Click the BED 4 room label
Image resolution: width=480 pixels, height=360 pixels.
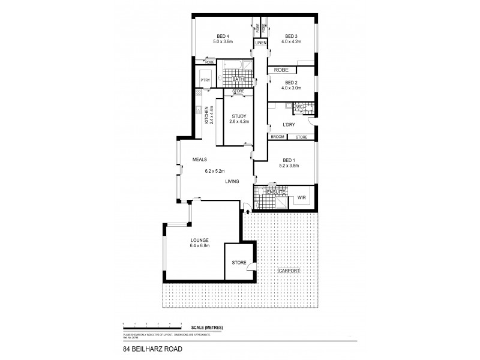pos(222,36)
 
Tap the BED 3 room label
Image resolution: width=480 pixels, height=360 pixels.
pos(291,36)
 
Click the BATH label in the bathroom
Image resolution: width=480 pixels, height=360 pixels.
pos(238,79)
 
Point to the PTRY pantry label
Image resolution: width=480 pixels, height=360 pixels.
pos(205,79)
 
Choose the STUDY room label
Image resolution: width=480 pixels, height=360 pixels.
pos(238,116)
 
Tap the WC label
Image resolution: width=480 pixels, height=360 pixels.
pos(300,107)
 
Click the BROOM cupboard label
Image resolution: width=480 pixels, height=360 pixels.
pos(277,137)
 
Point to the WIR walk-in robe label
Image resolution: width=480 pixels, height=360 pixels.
pos(301,197)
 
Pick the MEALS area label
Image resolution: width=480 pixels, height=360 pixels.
pos(200,160)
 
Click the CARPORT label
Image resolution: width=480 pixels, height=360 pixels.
pos(289,271)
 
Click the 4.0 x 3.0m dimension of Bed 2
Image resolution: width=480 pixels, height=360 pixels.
pos(291,88)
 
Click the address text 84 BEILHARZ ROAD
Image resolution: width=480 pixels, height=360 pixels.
pos(152,347)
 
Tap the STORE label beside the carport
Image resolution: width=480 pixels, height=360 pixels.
pos(238,263)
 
